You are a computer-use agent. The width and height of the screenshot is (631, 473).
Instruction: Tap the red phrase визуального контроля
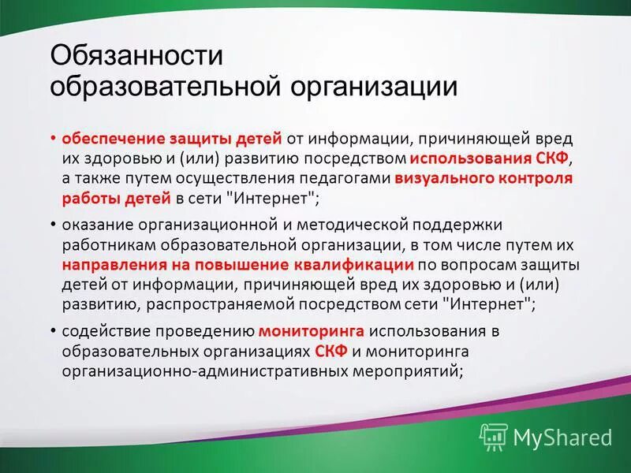[484, 177]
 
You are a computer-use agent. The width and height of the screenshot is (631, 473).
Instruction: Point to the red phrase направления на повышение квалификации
[238, 264]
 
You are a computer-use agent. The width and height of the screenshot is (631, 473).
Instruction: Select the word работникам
[105, 245]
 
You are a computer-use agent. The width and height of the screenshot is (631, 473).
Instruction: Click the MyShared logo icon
[494, 436]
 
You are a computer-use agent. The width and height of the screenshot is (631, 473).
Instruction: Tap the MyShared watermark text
[562, 437]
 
